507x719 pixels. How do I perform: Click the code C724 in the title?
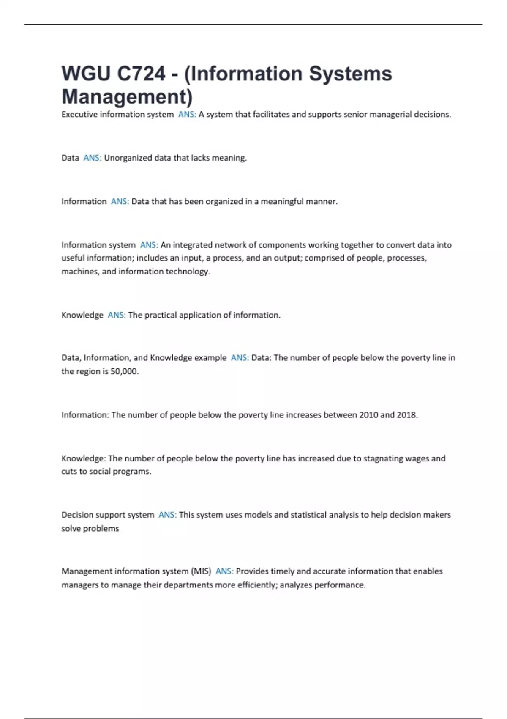coord(141,74)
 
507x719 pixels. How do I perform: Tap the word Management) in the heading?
coord(127,96)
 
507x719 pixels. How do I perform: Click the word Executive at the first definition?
coord(79,114)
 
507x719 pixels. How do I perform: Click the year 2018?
coord(407,415)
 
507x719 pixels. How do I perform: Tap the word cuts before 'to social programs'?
coord(69,472)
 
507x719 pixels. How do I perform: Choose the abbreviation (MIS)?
coord(201,571)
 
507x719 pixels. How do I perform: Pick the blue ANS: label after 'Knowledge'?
coord(117,315)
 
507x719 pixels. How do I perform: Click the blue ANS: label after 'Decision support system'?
coord(167,515)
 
